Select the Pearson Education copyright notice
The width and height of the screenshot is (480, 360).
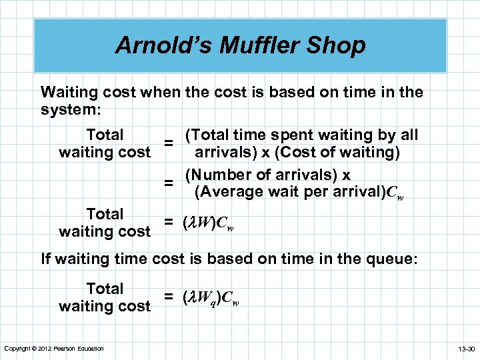tap(53, 349)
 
